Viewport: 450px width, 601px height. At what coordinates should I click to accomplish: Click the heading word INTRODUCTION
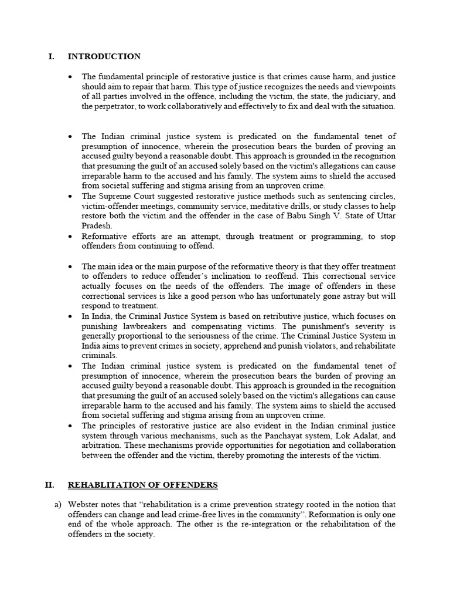pyautogui.click(x=104, y=56)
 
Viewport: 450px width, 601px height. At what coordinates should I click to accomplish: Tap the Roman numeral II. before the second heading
pyautogui.click(x=50, y=485)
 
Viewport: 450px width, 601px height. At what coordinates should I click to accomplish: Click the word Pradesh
pyautogui.click(x=96, y=225)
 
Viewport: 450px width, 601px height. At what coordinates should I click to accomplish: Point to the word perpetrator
pyautogui.click(x=115, y=106)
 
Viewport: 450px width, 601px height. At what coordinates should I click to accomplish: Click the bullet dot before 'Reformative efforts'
pyautogui.click(x=70, y=236)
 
